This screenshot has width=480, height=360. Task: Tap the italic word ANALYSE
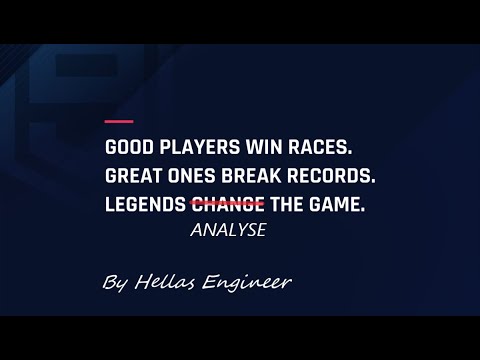click(x=226, y=229)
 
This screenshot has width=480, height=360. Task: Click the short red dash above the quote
click(x=119, y=122)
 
